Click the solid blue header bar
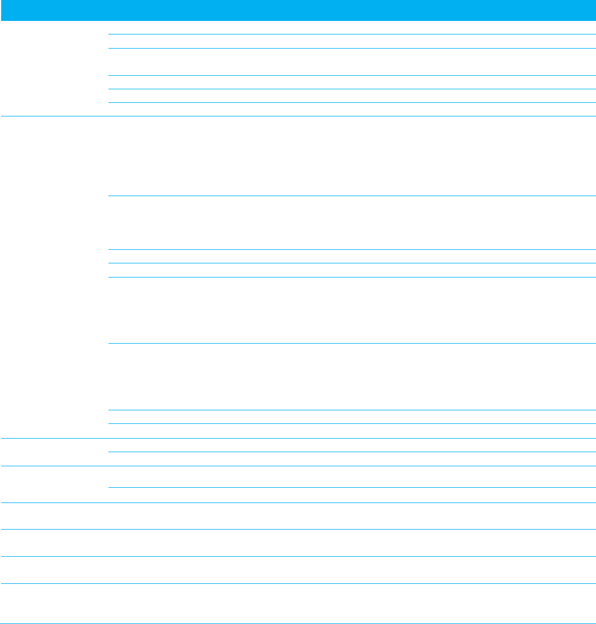pyautogui.click(x=298, y=10)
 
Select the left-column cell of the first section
pyautogui.click(x=54, y=68)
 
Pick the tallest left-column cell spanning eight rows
pyautogui.click(x=54, y=277)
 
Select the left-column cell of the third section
pyautogui.click(x=54, y=452)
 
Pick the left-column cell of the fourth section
pyautogui.click(x=54, y=484)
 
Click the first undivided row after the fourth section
pyautogui.click(x=298, y=515)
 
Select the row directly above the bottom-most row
pyautogui.click(x=298, y=570)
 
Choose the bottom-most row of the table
pyautogui.click(x=298, y=603)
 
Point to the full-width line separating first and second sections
pyautogui.click(x=298, y=116)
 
